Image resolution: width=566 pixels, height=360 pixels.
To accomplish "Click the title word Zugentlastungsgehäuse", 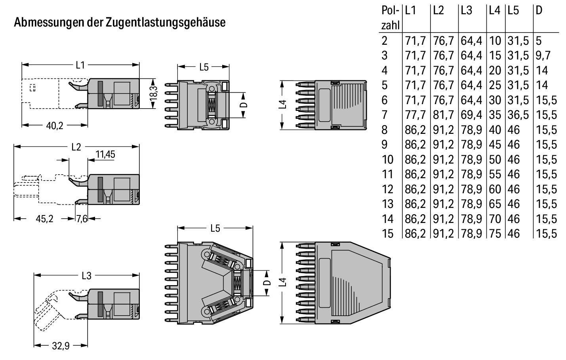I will point(166,23).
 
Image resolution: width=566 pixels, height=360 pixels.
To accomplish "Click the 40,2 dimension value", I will point(55,126).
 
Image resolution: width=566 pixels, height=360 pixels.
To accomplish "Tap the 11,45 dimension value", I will point(105,154).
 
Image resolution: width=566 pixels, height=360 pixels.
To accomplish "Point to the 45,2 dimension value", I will point(44,219).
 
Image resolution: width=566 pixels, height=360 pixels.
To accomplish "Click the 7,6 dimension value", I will point(82,219).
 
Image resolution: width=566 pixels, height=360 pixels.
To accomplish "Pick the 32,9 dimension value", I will point(61,346).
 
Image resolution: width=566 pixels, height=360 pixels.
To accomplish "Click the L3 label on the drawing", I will point(86,275).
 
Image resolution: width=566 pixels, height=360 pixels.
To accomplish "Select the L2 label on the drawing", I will point(76,147).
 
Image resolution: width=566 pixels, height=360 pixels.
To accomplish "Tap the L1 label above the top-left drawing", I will point(80,65).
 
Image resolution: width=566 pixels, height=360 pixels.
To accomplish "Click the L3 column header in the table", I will point(467,11).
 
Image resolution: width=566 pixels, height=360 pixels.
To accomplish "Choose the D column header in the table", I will point(539,11).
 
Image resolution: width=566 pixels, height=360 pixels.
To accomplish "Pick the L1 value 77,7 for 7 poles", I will point(415,115).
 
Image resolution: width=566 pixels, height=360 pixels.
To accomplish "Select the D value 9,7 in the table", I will point(543,55).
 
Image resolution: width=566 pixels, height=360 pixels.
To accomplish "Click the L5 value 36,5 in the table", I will point(518,115).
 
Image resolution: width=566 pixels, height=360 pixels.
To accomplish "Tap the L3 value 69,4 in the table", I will point(471,115).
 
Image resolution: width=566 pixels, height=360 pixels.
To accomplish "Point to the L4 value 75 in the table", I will point(495,234).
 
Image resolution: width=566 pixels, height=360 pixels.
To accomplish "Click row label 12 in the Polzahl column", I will point(388,189).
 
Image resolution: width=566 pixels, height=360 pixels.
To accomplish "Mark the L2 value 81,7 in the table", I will point(443,115).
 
